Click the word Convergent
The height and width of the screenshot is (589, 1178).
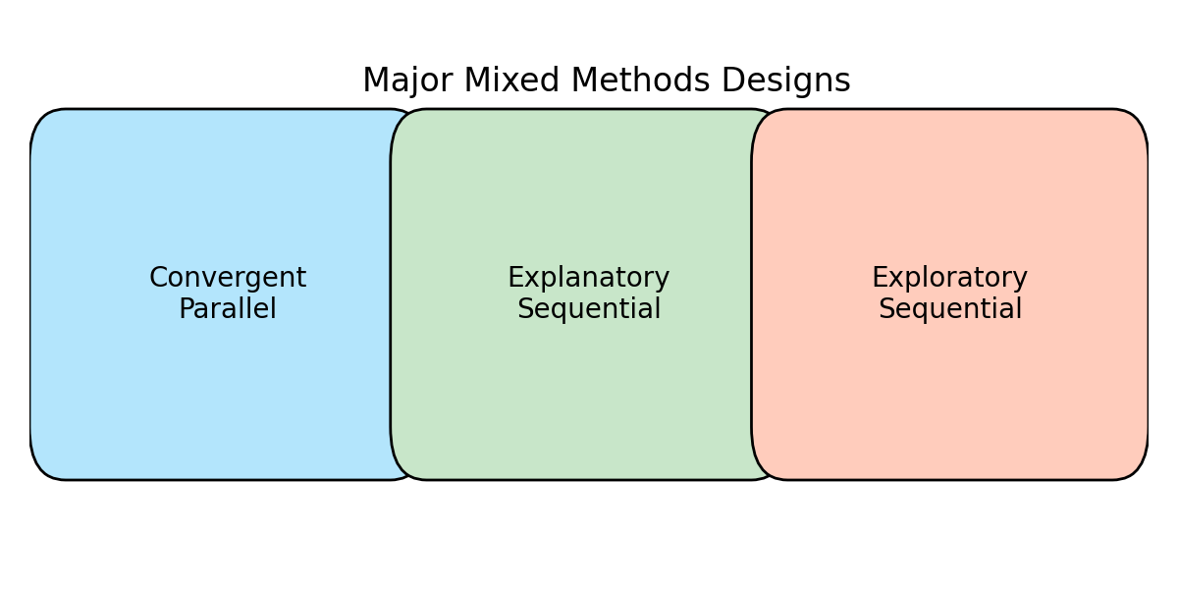[228, 279]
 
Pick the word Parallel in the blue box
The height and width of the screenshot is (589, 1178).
[228, 310]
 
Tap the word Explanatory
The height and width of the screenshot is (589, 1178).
[589, 279]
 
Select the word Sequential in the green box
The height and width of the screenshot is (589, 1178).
[589, 310]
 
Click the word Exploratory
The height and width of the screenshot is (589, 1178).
[950, 279]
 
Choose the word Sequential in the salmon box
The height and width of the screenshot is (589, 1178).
[950, 310]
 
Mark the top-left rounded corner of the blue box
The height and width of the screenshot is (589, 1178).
[42, 121]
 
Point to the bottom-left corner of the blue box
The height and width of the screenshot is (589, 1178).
[42, 468]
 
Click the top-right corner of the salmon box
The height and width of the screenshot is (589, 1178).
[1137, 121]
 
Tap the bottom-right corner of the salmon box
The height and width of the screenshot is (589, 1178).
[1137, 468]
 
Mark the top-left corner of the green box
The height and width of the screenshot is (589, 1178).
[402, 121]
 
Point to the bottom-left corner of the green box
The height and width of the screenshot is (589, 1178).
[402, 468]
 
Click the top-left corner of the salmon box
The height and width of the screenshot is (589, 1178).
[764, 121]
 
